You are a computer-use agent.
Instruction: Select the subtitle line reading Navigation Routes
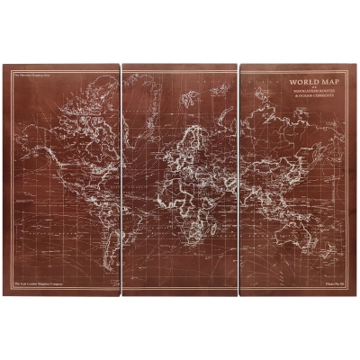click(x=307, y=90)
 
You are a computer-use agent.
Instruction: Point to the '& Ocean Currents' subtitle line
click(x=307, y=94)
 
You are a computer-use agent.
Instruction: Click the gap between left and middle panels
click(x=120, y=180)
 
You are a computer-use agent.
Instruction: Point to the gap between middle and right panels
click(x=238, y=180)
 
